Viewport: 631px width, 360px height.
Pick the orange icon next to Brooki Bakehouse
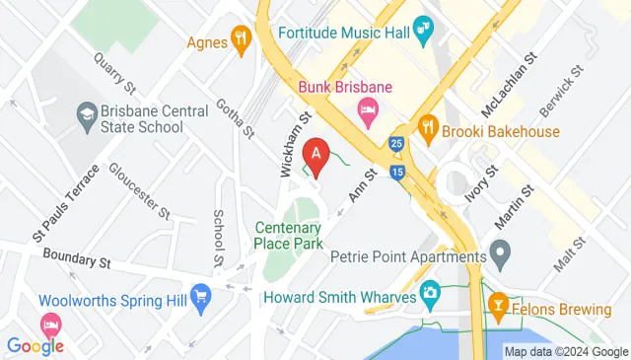(x=427, y=127)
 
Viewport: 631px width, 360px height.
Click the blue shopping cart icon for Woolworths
(x=201, y=295)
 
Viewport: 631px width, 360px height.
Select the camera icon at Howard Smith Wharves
(x=430, y=292)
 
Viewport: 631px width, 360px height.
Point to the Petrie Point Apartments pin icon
(x=500, y=258)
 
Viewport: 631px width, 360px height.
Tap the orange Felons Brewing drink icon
(x=498, y=308)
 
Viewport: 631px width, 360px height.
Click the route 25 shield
(x=395, y=144)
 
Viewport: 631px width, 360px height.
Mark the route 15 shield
(x=396, y=173)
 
